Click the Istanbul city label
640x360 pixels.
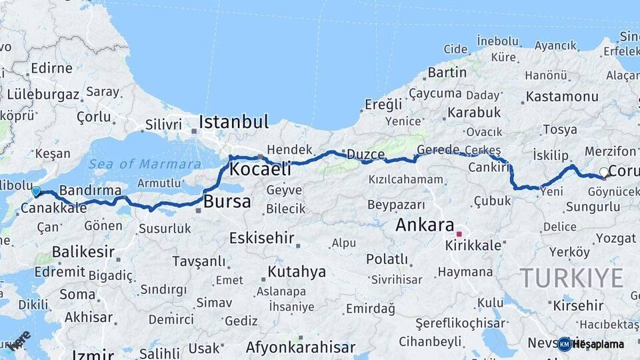coord(233,122)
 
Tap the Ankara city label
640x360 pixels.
coord(425,225)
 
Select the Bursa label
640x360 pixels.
coord(227,201)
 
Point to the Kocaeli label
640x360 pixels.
coord(260,169)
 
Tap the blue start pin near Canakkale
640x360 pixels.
coord(36,191)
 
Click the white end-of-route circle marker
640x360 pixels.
coord(604,172)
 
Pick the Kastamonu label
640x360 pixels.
coord(562,97)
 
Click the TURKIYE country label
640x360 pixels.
coord(572,277)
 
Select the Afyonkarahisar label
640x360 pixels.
coord(300,347)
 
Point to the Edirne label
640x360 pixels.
coord(51,68)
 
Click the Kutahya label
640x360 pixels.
coord(297,271)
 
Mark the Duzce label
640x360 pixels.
coord(366,155)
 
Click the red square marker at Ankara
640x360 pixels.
coord(459,234)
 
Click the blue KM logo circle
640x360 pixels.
coord(565,344)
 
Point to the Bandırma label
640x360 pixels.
coord(90,190)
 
